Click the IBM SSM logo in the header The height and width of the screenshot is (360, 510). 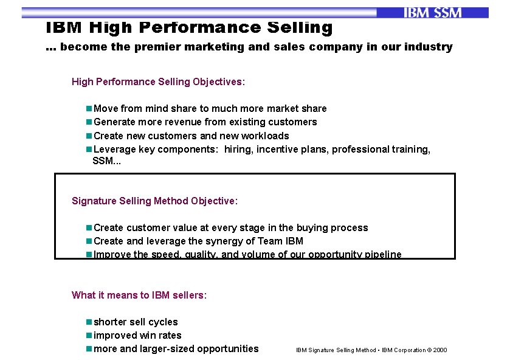432,13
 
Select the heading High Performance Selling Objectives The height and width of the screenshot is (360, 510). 158,81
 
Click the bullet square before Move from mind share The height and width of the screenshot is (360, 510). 89,108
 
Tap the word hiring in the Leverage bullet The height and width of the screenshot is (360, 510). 238,149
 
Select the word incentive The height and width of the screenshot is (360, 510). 278,149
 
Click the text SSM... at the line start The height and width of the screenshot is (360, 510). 106,161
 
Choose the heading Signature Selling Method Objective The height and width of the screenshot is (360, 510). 154,201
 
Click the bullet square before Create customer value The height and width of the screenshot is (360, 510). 89,227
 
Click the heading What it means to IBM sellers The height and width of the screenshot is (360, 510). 139,295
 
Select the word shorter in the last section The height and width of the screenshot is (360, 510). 111,322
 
